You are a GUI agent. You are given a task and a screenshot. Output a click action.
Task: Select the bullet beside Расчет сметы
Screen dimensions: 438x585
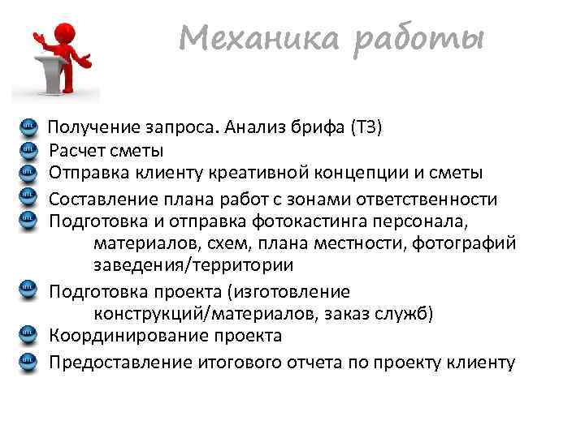27,149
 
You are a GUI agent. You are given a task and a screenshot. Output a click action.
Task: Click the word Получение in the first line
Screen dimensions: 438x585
96,127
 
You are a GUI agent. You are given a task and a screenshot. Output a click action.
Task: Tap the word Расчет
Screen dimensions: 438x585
76,150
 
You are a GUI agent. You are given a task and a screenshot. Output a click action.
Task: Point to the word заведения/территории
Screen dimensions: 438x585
193,266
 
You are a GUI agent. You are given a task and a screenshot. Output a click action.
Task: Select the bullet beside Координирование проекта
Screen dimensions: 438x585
27,335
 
